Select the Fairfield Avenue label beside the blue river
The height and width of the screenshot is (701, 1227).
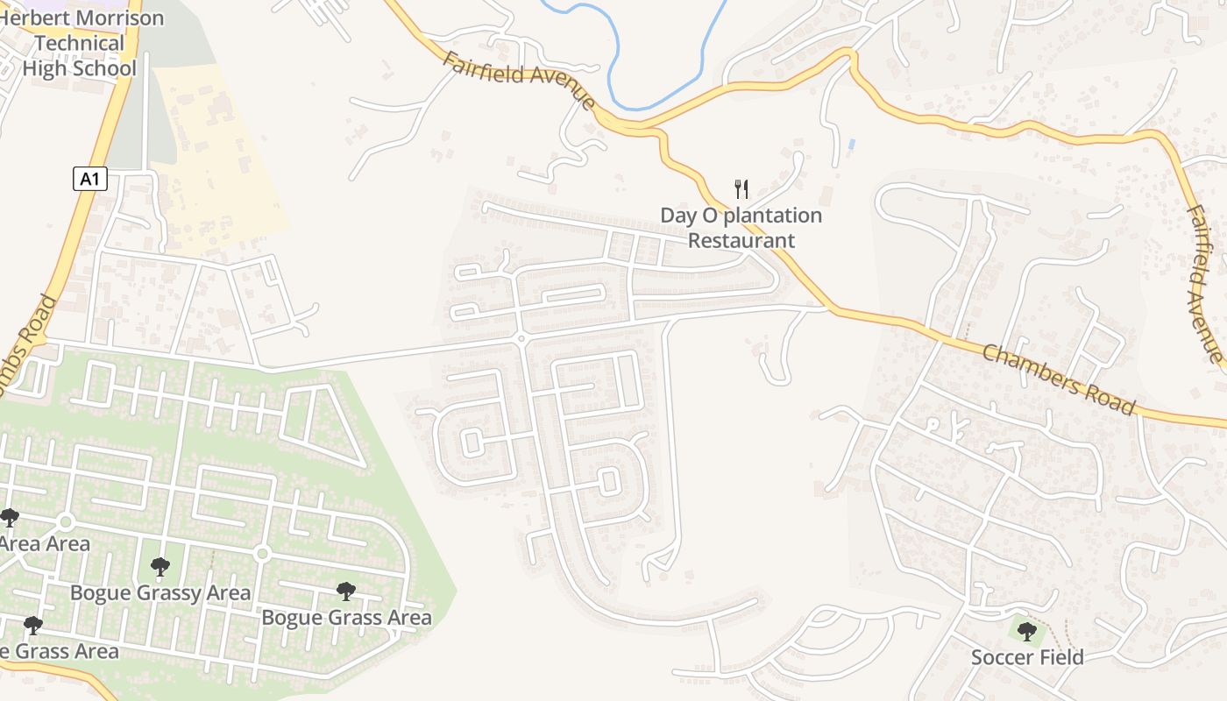point(520,80)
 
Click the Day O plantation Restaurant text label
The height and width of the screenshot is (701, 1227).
point(741,228)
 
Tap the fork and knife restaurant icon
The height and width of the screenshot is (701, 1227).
point(741,188)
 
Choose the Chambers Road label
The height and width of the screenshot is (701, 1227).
point(1059,379)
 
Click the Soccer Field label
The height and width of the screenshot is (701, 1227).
point(1027,657)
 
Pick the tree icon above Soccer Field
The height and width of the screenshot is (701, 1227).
point(1026,629)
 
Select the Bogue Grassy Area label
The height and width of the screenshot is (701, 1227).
point(160,593)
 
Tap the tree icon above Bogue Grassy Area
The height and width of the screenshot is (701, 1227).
point(160,567)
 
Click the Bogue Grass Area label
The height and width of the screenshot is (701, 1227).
point(347,618)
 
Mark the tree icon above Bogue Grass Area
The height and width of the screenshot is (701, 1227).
point(346,591)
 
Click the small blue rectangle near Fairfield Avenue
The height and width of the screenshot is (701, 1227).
point(852,143)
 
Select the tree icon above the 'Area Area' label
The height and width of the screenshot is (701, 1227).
point(10,517)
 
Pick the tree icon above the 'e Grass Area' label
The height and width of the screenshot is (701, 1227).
point(33,625)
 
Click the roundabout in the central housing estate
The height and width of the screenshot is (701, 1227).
point(521,339)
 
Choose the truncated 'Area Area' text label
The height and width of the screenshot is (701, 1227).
point(44,544)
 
